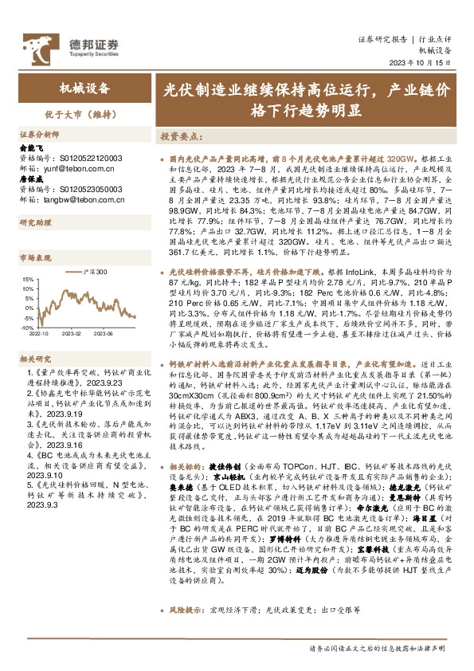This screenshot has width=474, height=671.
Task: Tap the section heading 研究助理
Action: (x=35, y=222)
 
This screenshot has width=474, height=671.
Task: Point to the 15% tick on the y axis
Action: (x=27, y=280)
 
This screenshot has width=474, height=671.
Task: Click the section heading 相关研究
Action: (x=35, y=360)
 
